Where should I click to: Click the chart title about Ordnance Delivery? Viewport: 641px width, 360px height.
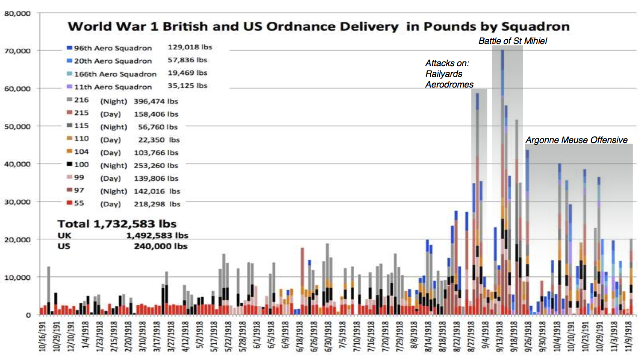(318, 26)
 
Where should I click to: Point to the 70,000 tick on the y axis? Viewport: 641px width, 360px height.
(18, 51)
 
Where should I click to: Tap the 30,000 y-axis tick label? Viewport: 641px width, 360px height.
(18, 202)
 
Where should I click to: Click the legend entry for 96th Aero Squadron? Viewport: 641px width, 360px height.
(113, 48)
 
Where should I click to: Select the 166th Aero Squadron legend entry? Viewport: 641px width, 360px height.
(115, 74)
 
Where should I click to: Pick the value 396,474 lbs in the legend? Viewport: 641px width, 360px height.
(156, 101)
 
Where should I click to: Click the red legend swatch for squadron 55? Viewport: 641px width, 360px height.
(69, 203)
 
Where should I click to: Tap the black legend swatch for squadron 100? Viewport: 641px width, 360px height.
(69, 164)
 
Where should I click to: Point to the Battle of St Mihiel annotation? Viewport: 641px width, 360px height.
(512, 41)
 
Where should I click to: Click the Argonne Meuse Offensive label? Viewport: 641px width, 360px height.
(576, 140)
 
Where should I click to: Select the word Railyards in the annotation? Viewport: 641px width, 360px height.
(444, 74)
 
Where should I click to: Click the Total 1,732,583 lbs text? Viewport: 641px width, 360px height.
(117, 224)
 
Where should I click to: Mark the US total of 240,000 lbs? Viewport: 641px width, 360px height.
(160, 246)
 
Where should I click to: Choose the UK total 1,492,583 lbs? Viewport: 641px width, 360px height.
(157, 235)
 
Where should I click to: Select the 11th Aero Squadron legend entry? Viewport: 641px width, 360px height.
(113, 87)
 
